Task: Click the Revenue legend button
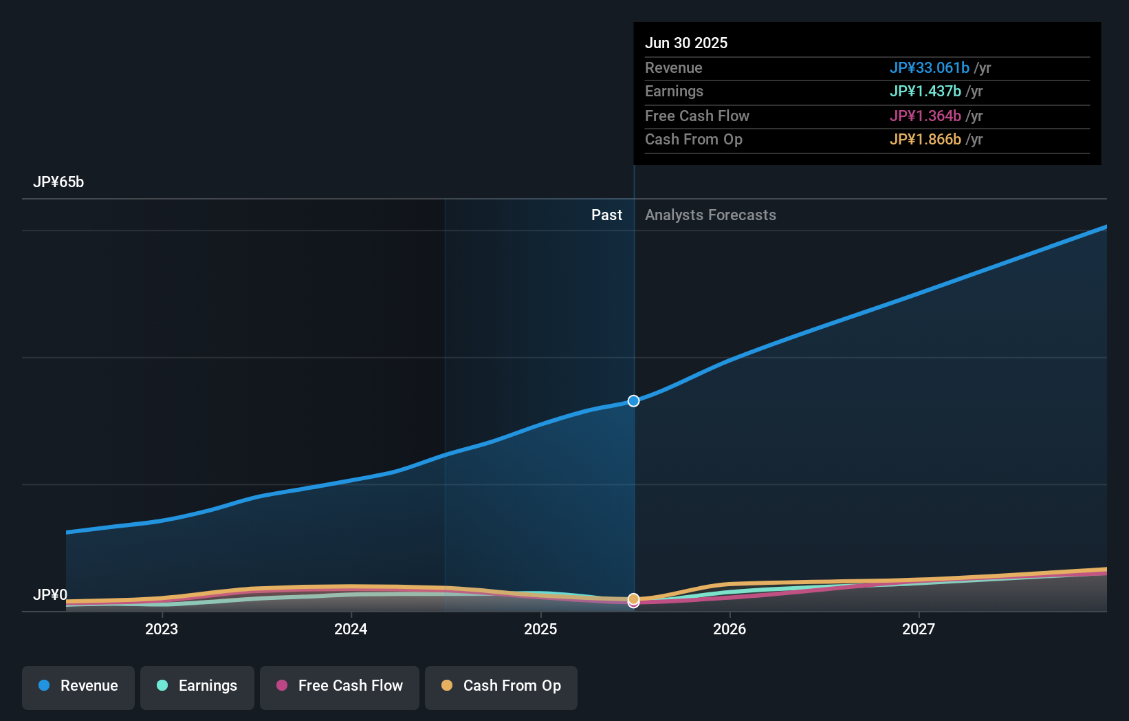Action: pyautogui.click(x=78, y=687)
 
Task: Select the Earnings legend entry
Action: pyautogui.click(x=197, y=687)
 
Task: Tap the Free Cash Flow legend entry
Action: pyautogui.click(x=340, y=687)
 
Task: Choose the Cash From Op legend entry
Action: pyautogui.click(x=501, y=687)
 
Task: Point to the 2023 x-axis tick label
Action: pyautogui.click(x=162, y=629)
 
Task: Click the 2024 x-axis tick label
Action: pyautogui.click(x=351, y=629)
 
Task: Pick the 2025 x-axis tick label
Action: pyautogui.click(x=540, y=629)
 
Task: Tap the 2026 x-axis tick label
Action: pyautogui.click(x=730, y=629)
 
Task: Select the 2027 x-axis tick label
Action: pyautogui.click(x=919, y=629)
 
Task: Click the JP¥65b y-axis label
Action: pyautogui.click(x=58, y=182)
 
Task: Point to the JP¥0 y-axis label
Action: pyautogui.click(x=50, y=595)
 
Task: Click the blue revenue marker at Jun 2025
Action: pyautogui.click(x=634, y=401)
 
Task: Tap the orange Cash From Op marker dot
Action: pyautogui.click(x=634, y=599)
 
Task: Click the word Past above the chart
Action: pyautogui.click(x=606, y=215)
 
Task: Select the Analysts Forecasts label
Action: pyautogui.click(x=710, y=215)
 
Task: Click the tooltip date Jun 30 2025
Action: pyautogui.click(x=686, y=43)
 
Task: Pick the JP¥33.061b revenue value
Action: pyautogui.click(x=929, y=68)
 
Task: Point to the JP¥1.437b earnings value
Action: pyautogui.click(x=925, y=92)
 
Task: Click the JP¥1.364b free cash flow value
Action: pyautogui.click(x=925, y=116)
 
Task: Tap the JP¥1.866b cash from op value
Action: pyautogui.click(x=925, y=140)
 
